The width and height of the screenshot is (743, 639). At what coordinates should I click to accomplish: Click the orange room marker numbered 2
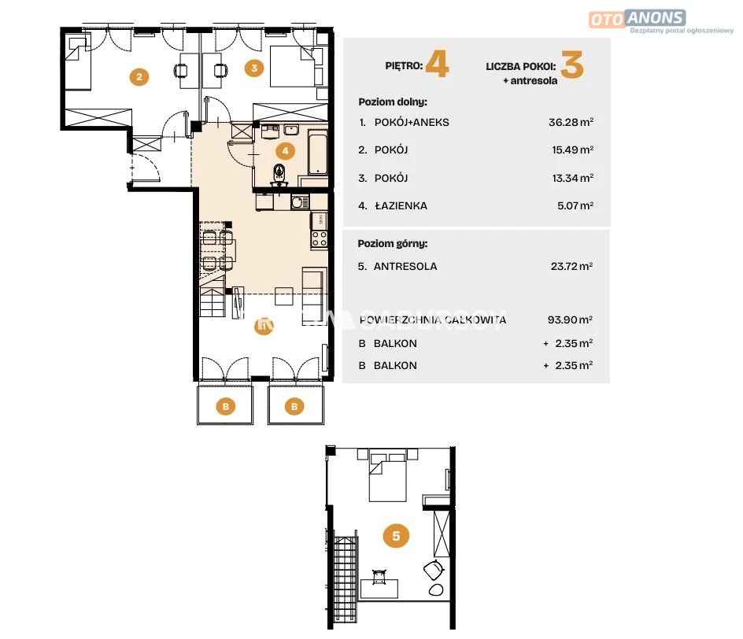[139, 77]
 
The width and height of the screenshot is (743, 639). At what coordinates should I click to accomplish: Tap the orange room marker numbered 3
[254, 68]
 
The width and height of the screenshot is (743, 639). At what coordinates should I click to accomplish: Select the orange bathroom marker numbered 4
[285, 151]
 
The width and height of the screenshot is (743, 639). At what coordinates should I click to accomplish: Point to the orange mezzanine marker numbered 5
[396, 536]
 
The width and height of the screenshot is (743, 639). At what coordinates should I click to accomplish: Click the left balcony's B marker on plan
[226, 406]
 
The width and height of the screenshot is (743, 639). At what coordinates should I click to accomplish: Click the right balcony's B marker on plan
[294, 406]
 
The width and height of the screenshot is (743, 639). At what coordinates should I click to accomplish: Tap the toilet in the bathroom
[279, 173]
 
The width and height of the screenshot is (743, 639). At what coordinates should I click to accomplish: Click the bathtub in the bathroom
[317, 154]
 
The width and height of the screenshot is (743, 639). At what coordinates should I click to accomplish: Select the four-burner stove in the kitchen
[320, 238]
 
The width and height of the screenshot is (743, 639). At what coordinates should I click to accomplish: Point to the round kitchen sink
[298, 202]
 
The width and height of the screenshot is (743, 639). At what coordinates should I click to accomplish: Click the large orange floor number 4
[437, 65]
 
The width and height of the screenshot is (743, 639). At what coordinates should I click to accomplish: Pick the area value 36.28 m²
[571, 122]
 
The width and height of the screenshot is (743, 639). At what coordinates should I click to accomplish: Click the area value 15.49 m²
[572, 150]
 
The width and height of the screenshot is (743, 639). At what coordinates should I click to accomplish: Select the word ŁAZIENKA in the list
[401, 206]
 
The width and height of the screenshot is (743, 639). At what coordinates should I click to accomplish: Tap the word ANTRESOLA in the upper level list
[405, 267]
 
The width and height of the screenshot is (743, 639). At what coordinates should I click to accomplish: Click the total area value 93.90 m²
[570, 319]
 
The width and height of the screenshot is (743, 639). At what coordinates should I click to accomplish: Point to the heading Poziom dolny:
[393, 102]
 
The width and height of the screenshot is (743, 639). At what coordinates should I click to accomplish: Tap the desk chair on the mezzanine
[379, 577]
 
